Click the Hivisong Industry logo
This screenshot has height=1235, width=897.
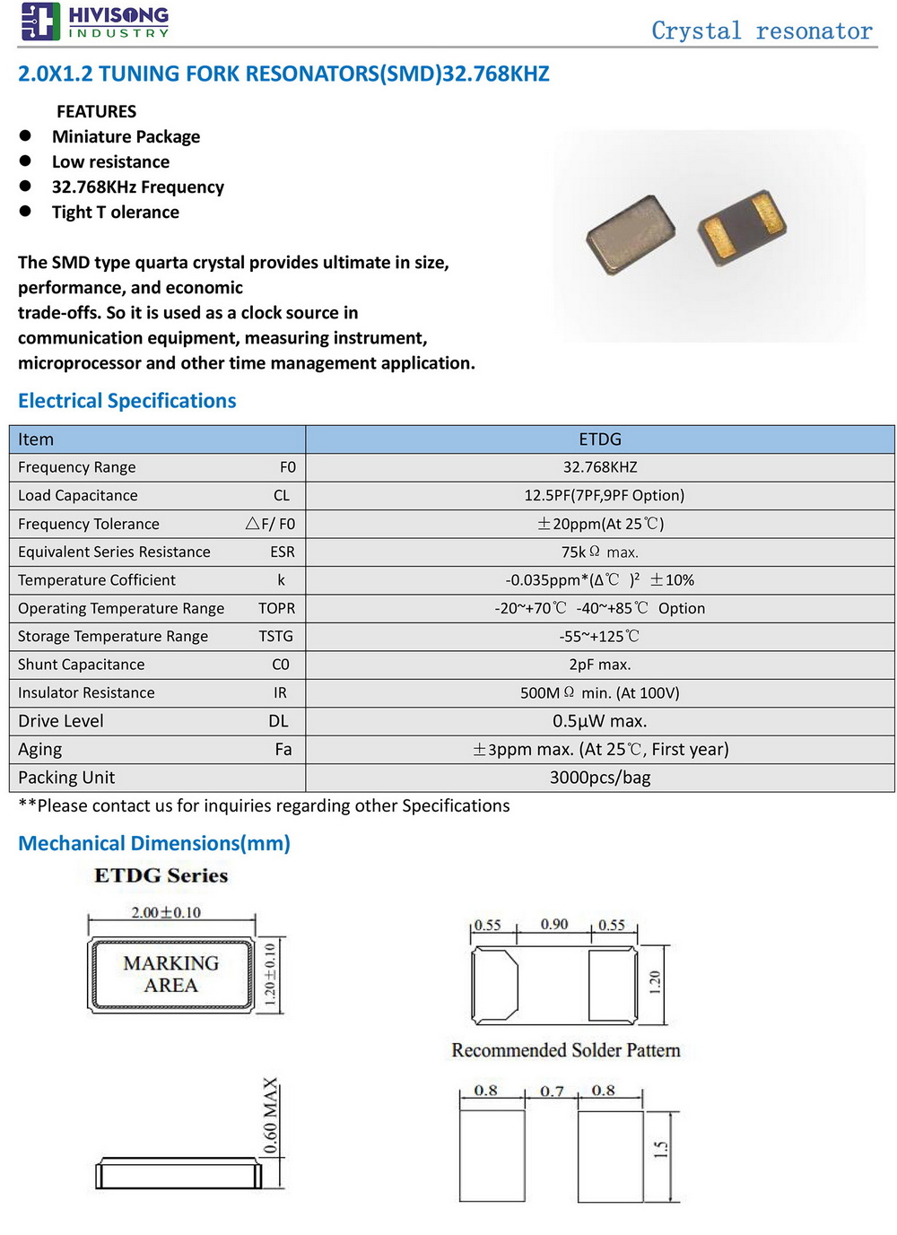click(95, 22)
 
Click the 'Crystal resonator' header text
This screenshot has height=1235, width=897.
click(761, 30)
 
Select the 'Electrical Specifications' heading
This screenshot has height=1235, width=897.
click(127, 401)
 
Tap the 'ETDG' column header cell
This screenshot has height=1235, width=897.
click(599, 439)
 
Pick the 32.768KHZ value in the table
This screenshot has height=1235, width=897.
click(599, 467)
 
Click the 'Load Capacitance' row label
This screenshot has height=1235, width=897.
click(78, 495)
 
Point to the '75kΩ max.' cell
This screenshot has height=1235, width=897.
click(599, 552)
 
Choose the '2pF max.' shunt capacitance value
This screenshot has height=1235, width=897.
click(599, 665)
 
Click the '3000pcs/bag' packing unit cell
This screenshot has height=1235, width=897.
click(599, 778)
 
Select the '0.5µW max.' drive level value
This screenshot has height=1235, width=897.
click(599, 721)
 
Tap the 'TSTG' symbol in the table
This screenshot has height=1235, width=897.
click(276, 636)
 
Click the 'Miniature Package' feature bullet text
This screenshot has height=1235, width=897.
click(126, 136)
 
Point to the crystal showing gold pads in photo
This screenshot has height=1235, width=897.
click(743, 229)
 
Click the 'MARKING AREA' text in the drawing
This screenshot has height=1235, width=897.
click(170, 974)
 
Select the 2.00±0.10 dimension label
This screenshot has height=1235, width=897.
click(166, 912)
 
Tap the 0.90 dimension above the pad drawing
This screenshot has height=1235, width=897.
click(554, 925)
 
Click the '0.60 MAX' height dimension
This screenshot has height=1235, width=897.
click(271, 1117)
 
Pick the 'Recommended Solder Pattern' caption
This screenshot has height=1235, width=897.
click(565, 1050)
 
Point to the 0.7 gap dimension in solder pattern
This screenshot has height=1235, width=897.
click(552, 1091)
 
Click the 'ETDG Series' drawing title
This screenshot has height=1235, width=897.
click(161, 875)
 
